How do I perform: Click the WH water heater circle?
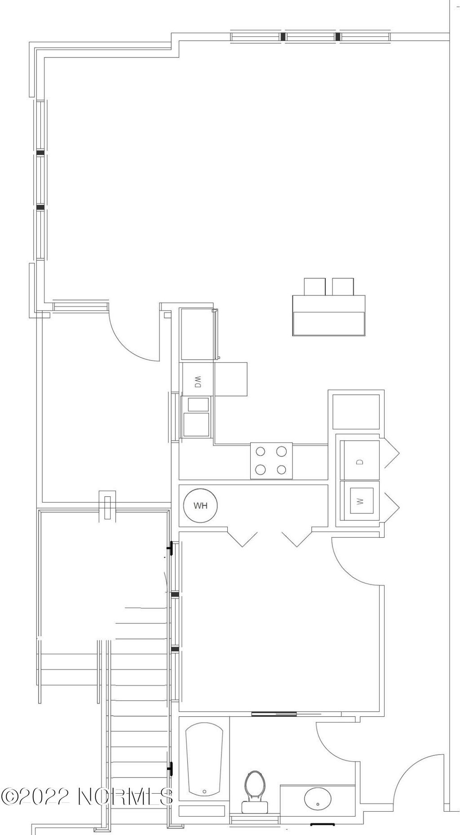(200, 505)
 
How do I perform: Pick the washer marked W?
(362, 500)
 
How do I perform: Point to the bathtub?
(204, 759)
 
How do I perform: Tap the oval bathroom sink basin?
(318, 799)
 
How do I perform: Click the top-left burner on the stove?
(261, 451)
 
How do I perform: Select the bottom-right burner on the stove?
(282, 470)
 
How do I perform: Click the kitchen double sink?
(197, 417)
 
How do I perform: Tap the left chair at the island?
(314, 286)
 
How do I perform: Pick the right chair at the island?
(343, 286)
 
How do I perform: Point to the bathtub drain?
(204, 791)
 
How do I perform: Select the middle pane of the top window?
(310, 37)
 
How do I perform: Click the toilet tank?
(254, 807)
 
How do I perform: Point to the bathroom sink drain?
(318, 804)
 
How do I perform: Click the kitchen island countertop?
(328, 315)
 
